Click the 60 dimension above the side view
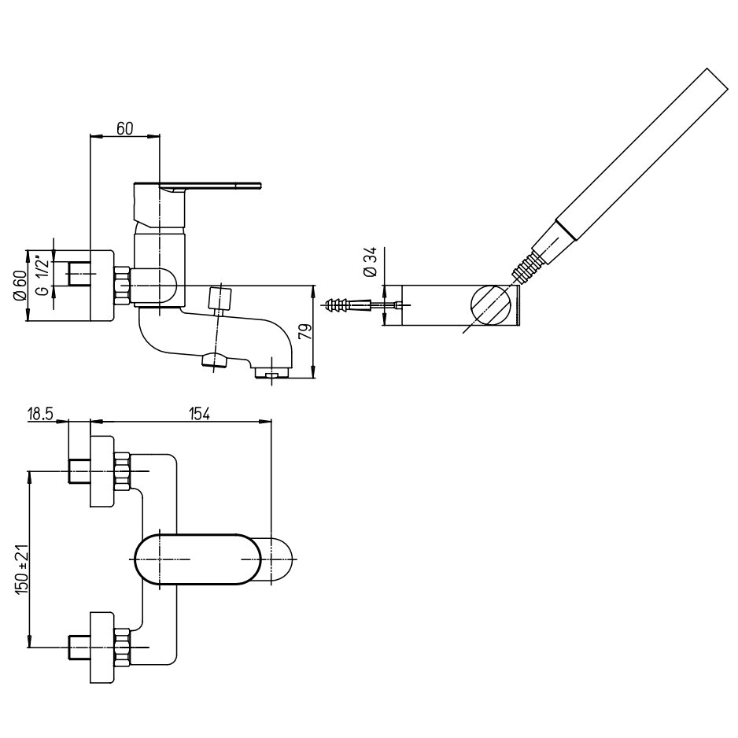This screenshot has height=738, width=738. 124,128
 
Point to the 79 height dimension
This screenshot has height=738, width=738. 306,330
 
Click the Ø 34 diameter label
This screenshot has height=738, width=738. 372,261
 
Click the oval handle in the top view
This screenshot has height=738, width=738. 197,559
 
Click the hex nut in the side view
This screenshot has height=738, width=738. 122,286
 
